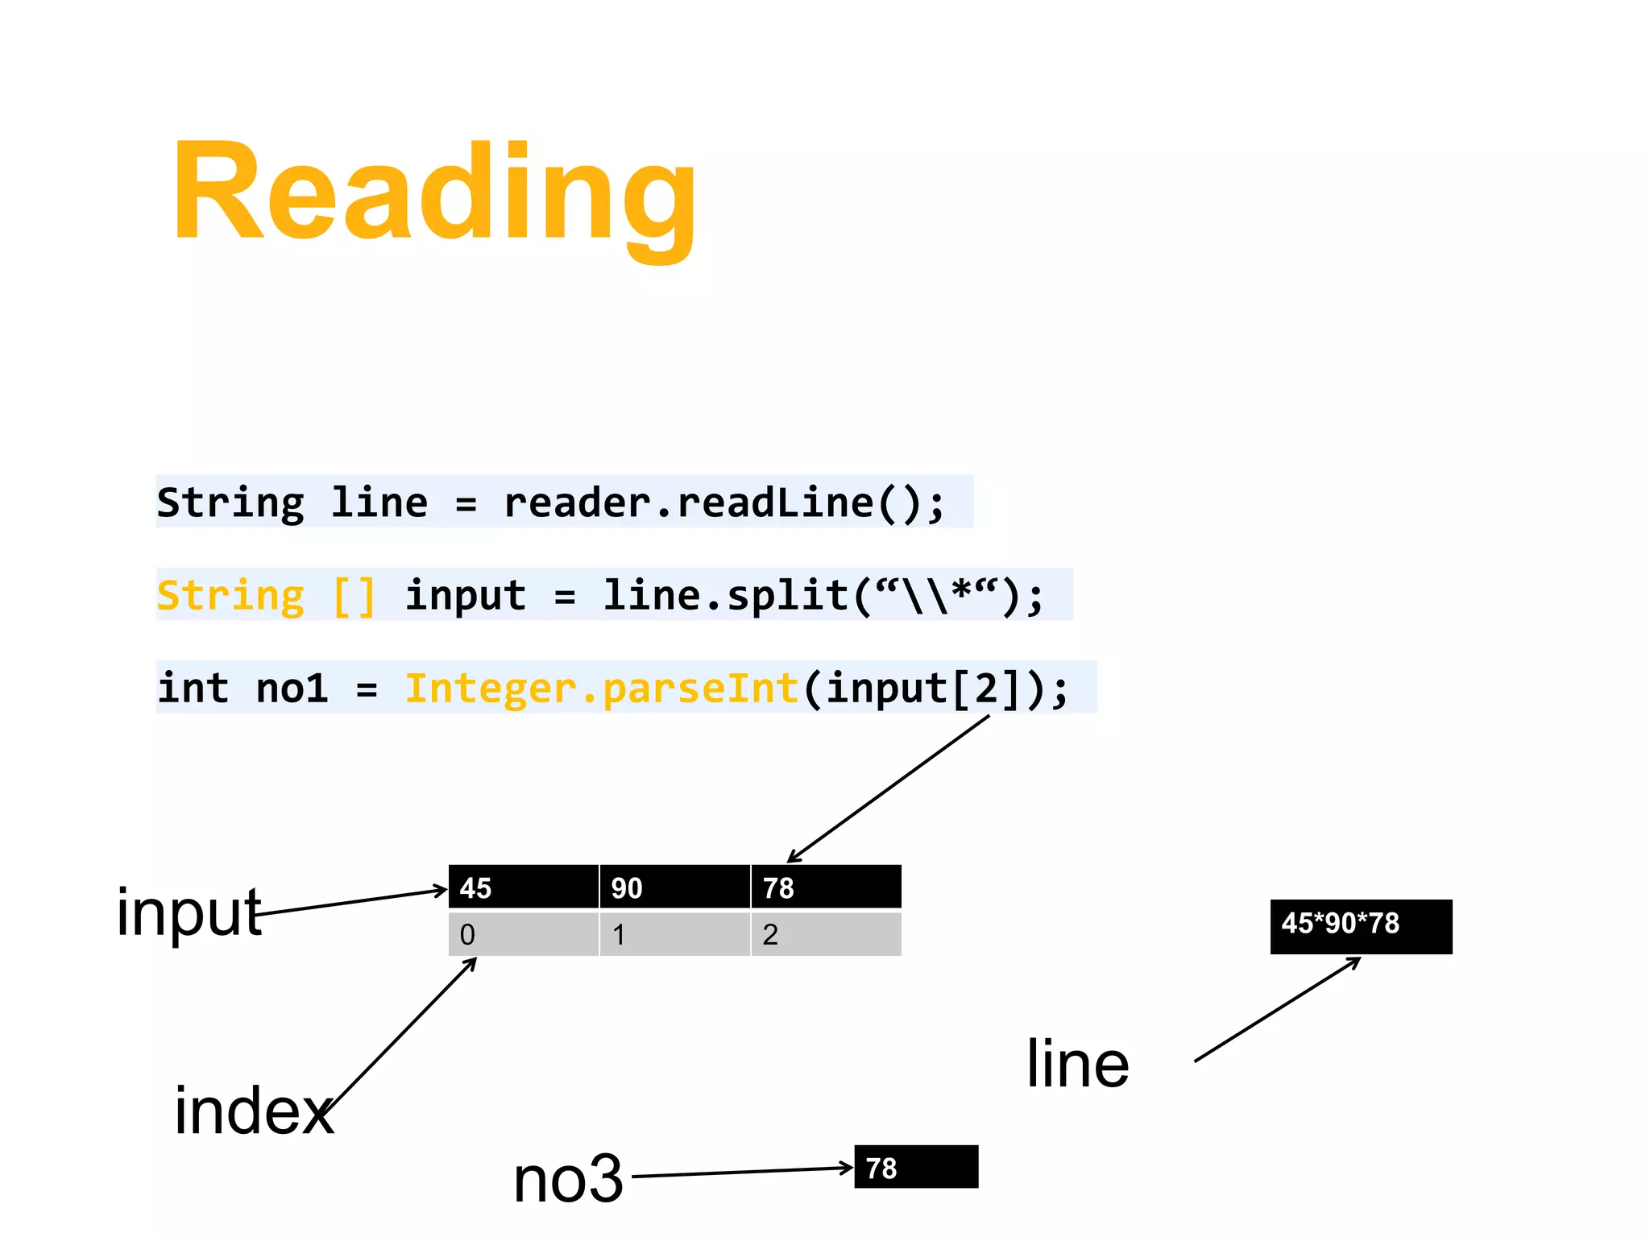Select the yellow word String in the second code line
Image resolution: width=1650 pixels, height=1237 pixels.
pyautogui.click(x=230, y=596)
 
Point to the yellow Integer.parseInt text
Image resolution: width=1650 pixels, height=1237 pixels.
pyautogui.click(x=601, y=689)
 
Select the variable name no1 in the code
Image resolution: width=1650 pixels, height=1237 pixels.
pyautogui.click(x=292, y=689)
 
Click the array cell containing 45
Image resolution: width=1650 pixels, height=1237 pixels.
pyautogui.click(x=523, y=887)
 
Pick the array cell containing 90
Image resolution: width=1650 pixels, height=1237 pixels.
pyautogui.click(x=674, y=887)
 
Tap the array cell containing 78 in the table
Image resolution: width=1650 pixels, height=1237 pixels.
pyautogui.click(x=826, y=887)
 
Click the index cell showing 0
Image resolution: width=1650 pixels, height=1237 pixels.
pyautogui.click(x=523, y=934)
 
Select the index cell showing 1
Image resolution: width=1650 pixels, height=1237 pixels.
pyautogui.click(x=674, y=934)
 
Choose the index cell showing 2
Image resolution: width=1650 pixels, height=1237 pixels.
pyautogui.click(x=826, y=934)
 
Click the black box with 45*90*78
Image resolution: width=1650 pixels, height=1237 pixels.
pyautogui.click(x=1361, y=926)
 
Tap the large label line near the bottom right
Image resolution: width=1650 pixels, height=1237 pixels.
pyautogui.click(x=1077, y=1065)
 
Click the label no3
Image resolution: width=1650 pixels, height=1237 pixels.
pyautogui.click(x=569, y=1179)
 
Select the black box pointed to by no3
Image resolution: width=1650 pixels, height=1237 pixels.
pyautogui.click(x=916, y=1167)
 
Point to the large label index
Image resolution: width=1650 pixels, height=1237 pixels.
pyautogui.click(x=254, y=1111)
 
